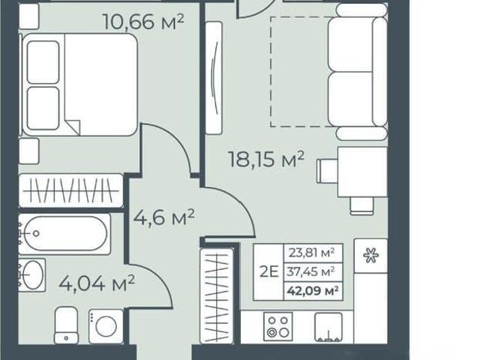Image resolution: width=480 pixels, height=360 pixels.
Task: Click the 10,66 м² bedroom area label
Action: (x=144, y=22)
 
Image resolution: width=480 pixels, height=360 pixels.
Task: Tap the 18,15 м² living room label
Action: (x=266, y=159)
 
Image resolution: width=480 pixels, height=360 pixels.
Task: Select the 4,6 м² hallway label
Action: (x=164, y=217)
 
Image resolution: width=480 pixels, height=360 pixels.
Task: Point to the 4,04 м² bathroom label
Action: (x=97, y=283)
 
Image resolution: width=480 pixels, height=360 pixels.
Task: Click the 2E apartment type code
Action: (x=269, y=271)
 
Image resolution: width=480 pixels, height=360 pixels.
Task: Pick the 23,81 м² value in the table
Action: (x=312, y=253)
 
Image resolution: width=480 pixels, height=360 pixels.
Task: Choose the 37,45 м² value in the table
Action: (x=310, y=271)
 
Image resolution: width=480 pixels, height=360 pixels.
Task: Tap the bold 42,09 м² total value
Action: (x=313, y=290)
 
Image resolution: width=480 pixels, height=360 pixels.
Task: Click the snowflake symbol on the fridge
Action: (x=370, y=255)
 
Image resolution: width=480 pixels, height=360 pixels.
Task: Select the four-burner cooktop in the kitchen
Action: (x=278, y=327)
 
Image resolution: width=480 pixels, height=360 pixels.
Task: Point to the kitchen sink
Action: (x=328, y=327)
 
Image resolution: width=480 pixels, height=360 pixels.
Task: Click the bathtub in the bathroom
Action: (x=64, y=234)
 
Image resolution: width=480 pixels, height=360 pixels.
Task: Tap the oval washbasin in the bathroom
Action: (x=32, y=275)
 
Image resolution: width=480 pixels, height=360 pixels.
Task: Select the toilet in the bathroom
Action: (x=67, y=325)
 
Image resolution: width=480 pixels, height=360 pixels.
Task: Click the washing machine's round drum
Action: (x=106, y=326)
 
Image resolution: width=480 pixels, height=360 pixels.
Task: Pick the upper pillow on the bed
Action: (x=43, y=62)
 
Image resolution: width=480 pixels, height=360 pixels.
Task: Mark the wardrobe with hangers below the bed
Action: (x=70, y=190)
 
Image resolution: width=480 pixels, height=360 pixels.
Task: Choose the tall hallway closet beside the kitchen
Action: (x=217, y=295)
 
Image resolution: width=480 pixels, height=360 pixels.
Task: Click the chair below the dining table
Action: (x=361, y=205)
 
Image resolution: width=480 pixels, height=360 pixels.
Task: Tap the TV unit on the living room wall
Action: (x=214, y=78)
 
